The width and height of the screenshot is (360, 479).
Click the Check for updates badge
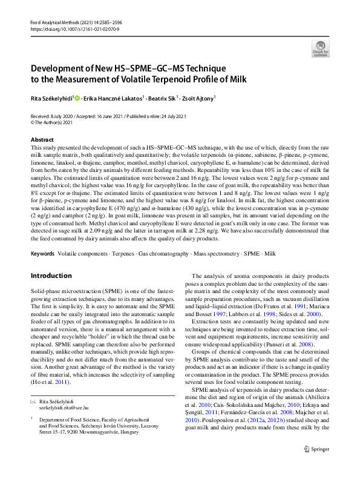[x=320, y=48]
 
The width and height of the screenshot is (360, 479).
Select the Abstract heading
[x=41, y=140]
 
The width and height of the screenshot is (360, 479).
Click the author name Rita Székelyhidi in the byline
[x=53, y=98]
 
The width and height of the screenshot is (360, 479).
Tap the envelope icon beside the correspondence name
[x=33, y=402]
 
